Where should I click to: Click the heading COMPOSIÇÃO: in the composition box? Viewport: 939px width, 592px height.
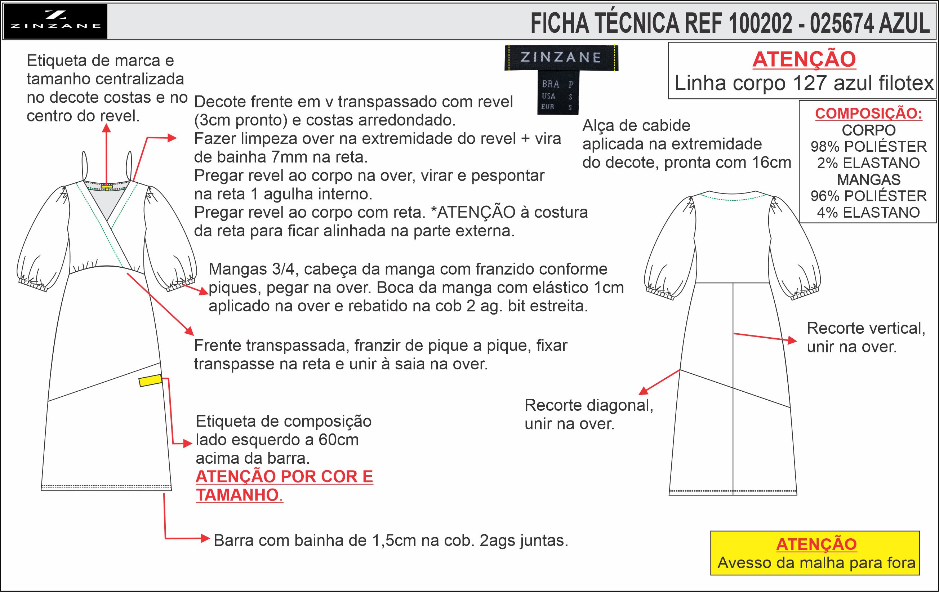click(x=868, y=113)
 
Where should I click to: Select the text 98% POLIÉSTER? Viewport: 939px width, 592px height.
click(x=868, y=147)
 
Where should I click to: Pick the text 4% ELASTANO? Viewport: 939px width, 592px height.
click(x=868, y=213)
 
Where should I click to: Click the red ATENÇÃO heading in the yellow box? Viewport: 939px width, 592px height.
click(x=816, y=544)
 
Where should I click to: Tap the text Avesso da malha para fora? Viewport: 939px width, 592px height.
click(x=816, y=563)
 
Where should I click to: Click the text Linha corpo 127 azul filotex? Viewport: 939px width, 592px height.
click(x=804, y=83)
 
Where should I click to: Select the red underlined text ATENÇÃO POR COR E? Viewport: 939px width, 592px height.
click(x=284, y=477)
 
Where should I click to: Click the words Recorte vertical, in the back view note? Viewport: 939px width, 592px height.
click(x=866, y=328)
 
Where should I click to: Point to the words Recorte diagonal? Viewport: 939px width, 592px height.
click(x=589, y=406)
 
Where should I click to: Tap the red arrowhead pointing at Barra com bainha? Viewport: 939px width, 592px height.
click(x=205, y=539)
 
